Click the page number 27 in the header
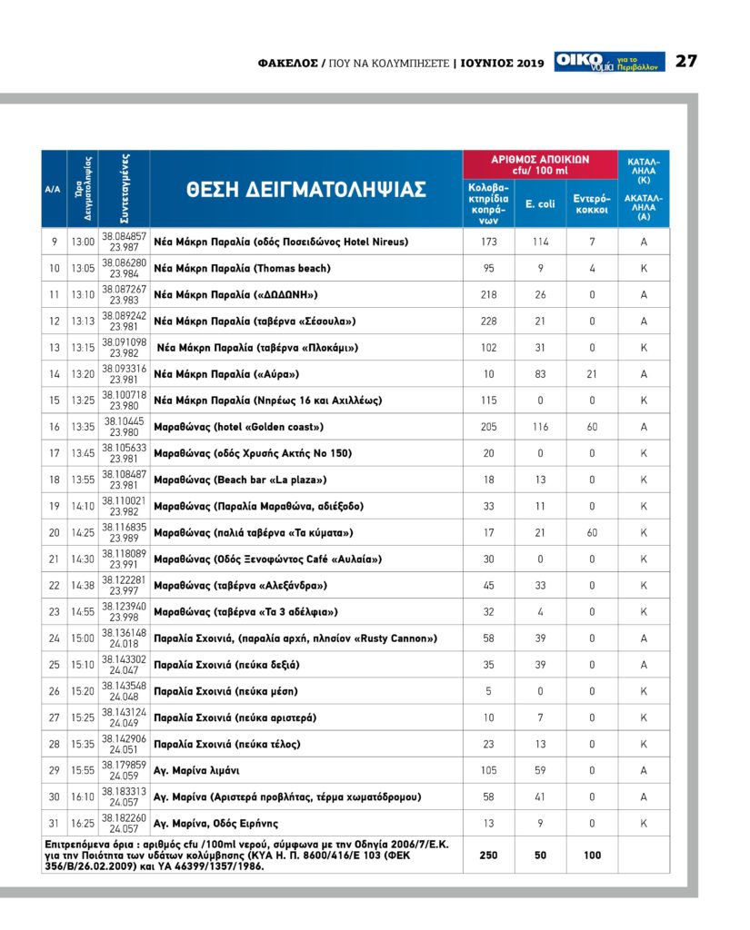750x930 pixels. pyautogui.click(x=686, y=62)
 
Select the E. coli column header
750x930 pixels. pyautogui.click(x=540, y=204)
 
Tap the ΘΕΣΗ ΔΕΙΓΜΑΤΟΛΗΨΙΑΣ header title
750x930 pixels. pyautogui.click(x=306, y=189)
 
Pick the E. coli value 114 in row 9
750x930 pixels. pyautogui.click(x=540, y=242)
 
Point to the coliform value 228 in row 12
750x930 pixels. pyautogui.click(x=489, y=321)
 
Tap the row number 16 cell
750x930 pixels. pyautogui.click(x=54, y=427)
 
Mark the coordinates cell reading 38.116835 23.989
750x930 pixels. pyautogui.click(x=124, y=532)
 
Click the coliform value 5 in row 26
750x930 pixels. pyautogui.click(x=489, y=691)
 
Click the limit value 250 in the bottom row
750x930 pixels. pyautogui.click(x=489, y=855)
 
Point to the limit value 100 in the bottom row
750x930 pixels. pyautogui.click(x=592, y=855)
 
